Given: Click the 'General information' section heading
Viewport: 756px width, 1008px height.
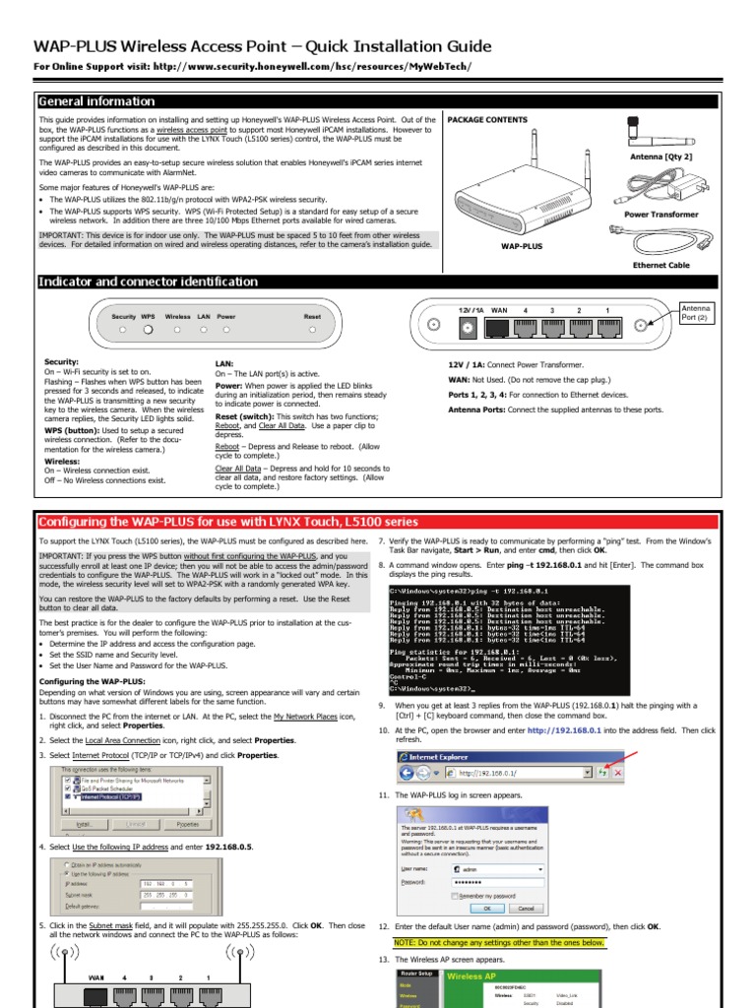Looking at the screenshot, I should tap(96, 101).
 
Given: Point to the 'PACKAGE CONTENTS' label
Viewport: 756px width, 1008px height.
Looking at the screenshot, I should tap(487, 120).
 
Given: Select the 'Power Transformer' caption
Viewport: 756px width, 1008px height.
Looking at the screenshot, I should tap(661, 214).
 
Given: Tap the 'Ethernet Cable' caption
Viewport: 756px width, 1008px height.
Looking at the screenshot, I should tap(661, 265).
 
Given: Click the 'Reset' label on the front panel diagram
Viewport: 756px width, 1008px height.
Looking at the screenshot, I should tap(312, 317).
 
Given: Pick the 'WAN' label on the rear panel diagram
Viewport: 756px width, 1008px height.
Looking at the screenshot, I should tap(499, 311).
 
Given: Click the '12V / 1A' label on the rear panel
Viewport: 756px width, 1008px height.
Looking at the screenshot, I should tap(470, 311).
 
